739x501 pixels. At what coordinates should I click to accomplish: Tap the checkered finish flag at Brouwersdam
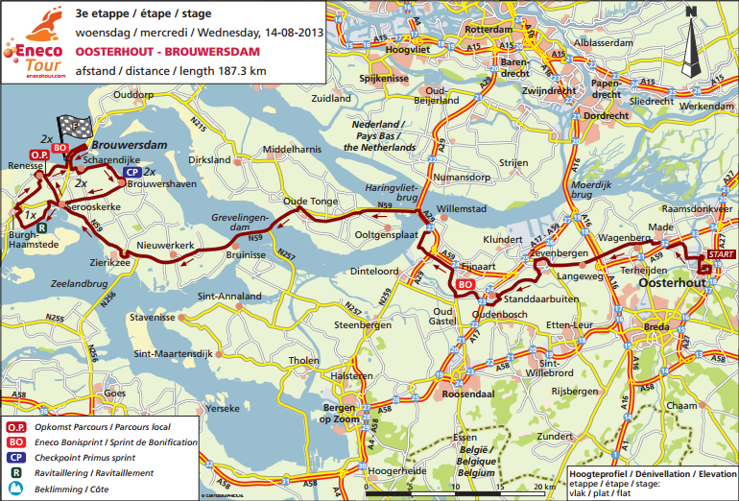coord(71,129)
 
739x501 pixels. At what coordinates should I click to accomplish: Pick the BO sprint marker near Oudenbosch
coord(465,285)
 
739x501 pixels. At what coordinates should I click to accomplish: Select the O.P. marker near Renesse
coord(39,155)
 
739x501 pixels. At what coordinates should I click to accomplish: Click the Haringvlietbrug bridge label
coord(390,193)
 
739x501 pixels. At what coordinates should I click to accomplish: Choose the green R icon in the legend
coord(16,472)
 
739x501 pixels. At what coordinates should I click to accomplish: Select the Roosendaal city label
coord(469,394)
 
